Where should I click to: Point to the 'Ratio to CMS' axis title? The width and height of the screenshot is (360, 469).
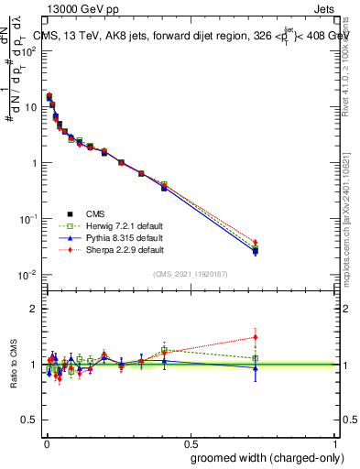14,364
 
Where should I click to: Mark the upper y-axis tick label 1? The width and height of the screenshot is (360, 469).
34,163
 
